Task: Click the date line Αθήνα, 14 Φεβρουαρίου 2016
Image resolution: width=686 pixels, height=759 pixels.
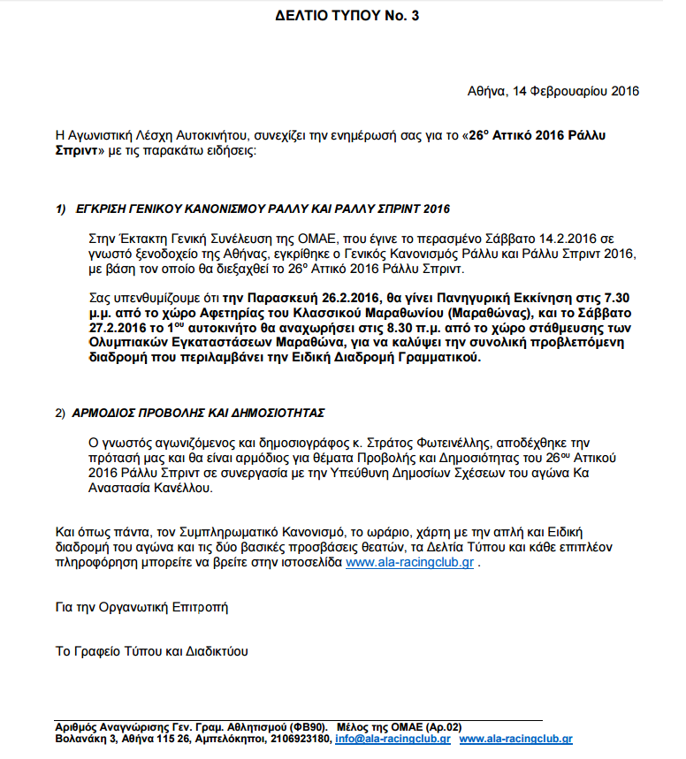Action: (x=553, y=91)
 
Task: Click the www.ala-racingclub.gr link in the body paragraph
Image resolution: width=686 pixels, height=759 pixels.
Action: (x=410, y=563)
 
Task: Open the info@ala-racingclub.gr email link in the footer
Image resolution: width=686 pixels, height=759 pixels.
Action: (x=393, y=739)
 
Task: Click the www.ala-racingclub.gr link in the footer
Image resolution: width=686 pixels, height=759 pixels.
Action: (x=515, y=739)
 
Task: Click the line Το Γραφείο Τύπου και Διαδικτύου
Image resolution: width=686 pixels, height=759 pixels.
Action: (x=151, y=652)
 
